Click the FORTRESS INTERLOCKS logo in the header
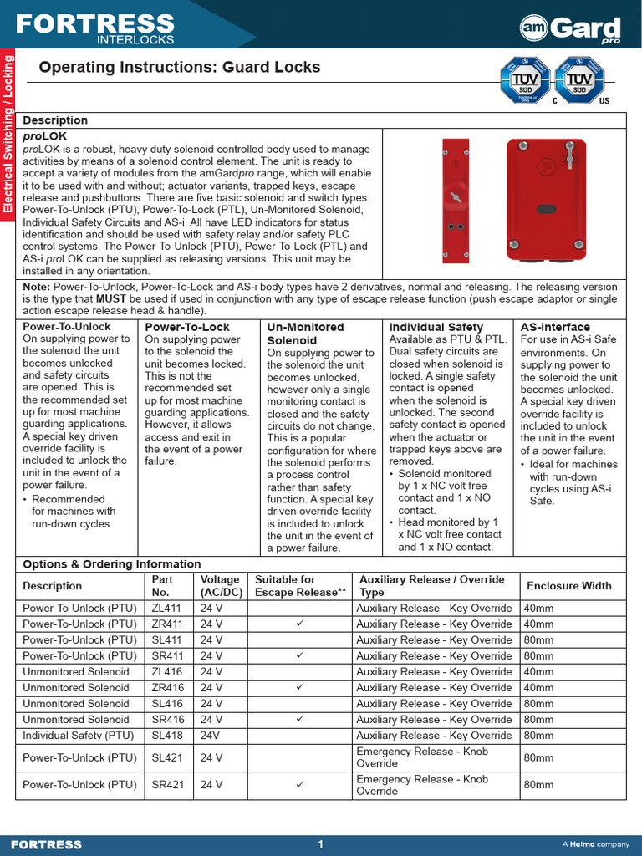(95, 28)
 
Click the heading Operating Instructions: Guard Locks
(180, 68)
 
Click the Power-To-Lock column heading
(187, 327)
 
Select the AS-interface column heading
(555, 327)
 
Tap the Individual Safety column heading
(436, 327)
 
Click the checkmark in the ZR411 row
(300, 624)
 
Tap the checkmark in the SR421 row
(300, 785)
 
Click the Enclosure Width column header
(569, 586)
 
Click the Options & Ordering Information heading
(112, 564)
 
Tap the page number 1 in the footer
(320, 844)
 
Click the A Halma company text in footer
(596, 844)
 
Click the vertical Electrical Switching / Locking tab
(8, 134)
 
